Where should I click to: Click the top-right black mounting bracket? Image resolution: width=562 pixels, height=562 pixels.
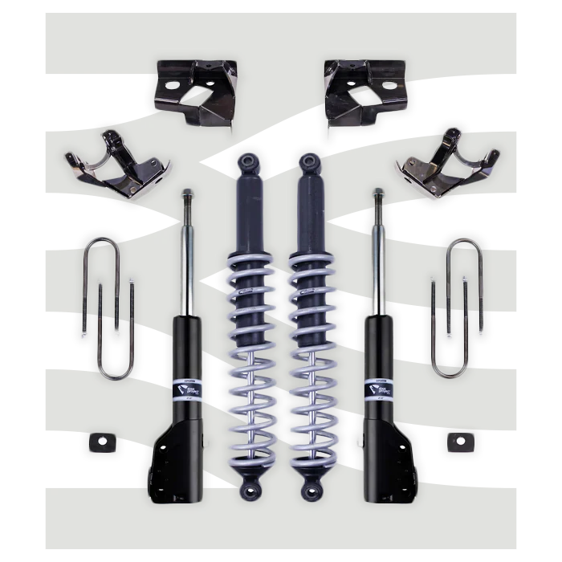pyautogui.click(x=365, y=90)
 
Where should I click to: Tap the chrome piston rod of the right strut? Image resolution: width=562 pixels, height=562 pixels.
pyautogui.click(x=376, y=257)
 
